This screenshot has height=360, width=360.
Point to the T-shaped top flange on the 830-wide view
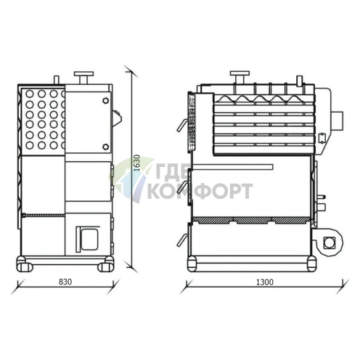click(85, 75)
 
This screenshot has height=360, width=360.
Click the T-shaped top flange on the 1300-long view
click(239, 75)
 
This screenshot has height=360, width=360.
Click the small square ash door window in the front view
click(87, 235)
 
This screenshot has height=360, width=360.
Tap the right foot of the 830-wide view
click(105, 264)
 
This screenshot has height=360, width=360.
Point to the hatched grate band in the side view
click(254, 218)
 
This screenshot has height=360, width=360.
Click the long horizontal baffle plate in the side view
click(232, 168)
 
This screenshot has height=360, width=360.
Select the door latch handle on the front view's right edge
click(115, 113)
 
